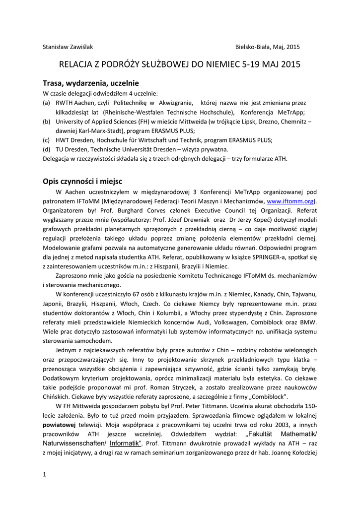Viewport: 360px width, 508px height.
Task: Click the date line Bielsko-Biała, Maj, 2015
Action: (268, 47)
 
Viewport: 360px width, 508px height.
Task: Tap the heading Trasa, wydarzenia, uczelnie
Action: (90, 83)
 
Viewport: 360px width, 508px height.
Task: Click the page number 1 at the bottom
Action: (45, 475)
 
